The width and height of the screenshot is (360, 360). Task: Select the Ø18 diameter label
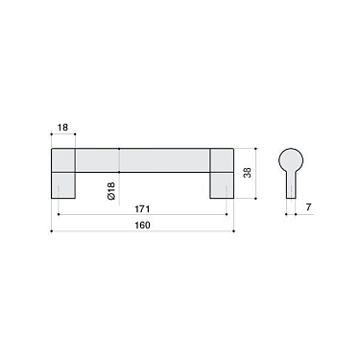(111, 190)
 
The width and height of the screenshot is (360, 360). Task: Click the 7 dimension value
(306, 207)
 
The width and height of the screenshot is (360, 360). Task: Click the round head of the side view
(291, 159)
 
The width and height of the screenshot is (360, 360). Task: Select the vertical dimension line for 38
(255, 174)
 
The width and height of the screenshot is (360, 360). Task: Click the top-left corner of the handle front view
(50, 149)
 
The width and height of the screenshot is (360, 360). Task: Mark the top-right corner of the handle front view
(233, 149)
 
